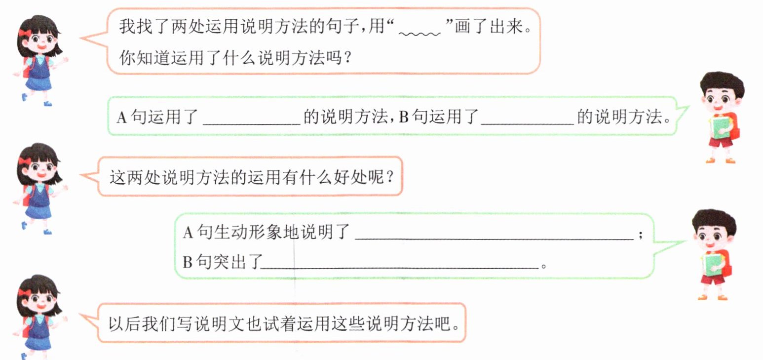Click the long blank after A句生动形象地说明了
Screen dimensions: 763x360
pos(494,236)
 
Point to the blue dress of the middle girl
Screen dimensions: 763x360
pos(38,202)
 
